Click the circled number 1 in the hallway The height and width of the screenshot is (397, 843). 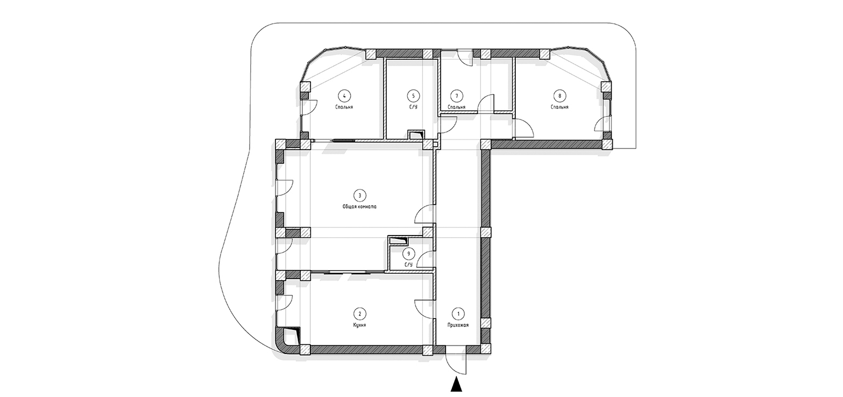(458, 314)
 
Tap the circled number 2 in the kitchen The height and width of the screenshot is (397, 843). (360, 314)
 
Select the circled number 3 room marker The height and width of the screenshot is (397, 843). (360, 195)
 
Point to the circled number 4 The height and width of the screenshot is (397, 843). (344, 96)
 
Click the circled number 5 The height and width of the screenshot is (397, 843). (413, 96)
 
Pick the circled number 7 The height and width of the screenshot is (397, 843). (457, 96)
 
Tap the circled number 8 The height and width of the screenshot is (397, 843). (559, 96)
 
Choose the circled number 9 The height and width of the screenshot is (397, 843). (408, 253)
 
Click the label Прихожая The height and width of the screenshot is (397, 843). (458, 325)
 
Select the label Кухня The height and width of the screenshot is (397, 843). (360, 325)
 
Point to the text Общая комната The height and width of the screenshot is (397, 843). (359, 207)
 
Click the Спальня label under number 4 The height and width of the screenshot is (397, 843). (344, 107)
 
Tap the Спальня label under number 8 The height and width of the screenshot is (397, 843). (559, 107)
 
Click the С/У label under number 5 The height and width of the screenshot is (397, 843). (413, 107)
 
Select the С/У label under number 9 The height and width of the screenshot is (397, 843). (408, 265)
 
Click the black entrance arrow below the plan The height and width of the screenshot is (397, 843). (457, 385)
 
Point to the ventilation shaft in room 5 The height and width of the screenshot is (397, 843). (416, 135)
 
